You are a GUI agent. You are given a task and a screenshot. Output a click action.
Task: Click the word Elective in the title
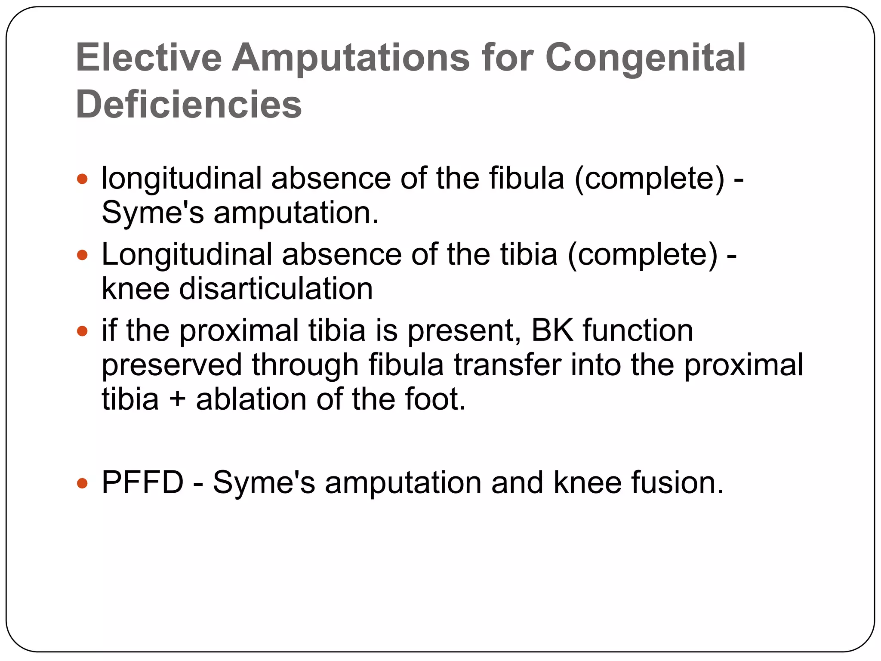[x=149, y=58]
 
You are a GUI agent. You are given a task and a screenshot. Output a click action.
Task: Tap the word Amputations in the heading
[x=351, y=58]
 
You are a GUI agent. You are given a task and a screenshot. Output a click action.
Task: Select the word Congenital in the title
[x=645, y=58]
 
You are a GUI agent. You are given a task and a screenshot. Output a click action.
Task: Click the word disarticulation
[x=276, y=289]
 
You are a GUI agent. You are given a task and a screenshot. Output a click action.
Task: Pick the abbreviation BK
[x=552, y=330]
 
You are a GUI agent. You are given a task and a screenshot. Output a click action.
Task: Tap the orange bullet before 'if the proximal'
[x=82, y=331]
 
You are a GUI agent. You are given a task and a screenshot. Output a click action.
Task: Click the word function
[x=638, y=330]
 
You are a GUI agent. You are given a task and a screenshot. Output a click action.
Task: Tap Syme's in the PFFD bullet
[x=264, y=482]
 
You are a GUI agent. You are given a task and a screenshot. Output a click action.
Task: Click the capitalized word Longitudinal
[x=187, y=255]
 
